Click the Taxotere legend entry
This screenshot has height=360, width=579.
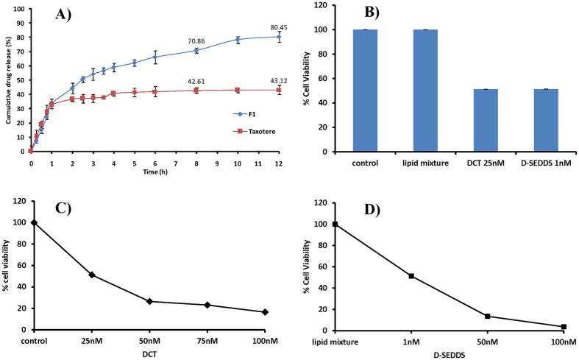pyautogui.click(x=241, y=130)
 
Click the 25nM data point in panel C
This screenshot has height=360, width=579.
pyautogui.click(x=92, y=275)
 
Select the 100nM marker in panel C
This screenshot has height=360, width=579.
pyautogui.click(x=265, y=312)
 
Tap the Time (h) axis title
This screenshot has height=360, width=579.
pyautogui.click(x=152, y=167)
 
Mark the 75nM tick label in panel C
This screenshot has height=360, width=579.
pyautogui.click(x=207, y=341)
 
